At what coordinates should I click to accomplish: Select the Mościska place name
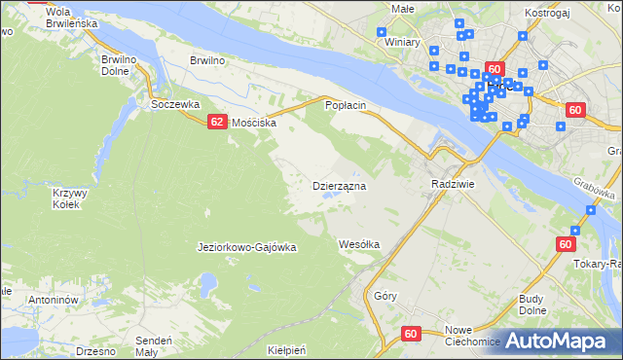(x=254, y=124)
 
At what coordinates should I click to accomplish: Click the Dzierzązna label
(x=338, y=185)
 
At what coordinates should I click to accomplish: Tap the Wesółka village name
(x=358, y=243)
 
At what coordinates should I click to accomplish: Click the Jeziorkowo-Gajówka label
(x=246, y=247)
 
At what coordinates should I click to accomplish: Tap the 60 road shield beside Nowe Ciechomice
(x=410, y=333)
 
